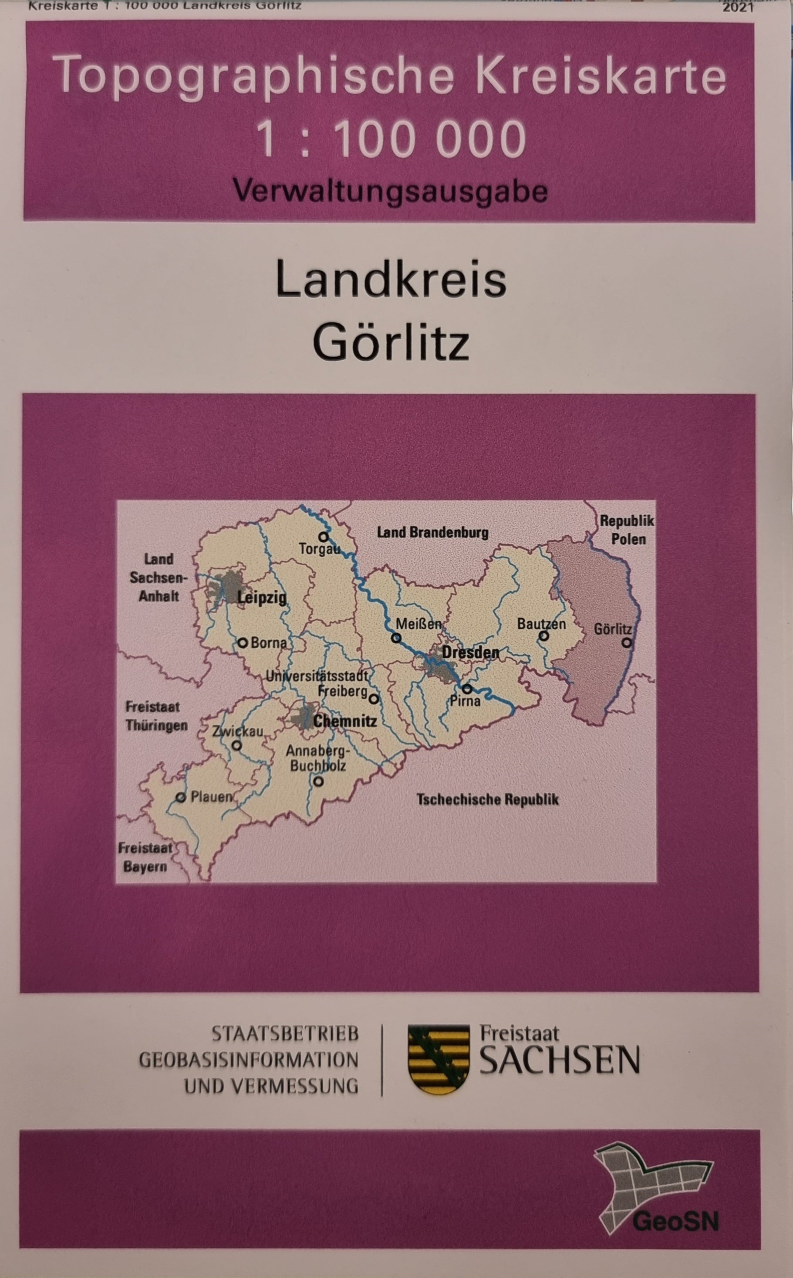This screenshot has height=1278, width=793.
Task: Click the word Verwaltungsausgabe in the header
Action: tap(390, 191)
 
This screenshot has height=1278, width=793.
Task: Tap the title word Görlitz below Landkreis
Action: tap(391, 342)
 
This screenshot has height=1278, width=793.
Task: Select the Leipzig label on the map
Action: tap(262, 597)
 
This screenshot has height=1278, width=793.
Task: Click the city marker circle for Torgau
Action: tap(323, 537)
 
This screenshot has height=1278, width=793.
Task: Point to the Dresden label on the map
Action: tap(470, 653)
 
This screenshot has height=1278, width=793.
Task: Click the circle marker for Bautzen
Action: tap(544, 636)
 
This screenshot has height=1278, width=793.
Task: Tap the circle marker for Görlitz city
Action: tap(627, 642)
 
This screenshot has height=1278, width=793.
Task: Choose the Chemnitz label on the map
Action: tap(344, 721)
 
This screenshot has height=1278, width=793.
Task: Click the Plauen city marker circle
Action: tap(181, 798)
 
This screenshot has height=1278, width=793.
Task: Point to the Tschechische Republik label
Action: tap(487, 800)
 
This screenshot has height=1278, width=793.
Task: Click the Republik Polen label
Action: tap(627, 530)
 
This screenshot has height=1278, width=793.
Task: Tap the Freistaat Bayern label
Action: tap(145, 857)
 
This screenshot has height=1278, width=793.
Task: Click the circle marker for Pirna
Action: tap(467, 688)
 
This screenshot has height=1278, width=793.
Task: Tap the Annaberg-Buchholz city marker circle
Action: tap(318, 781)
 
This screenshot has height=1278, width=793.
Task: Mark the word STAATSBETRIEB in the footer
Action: tap(285, 1034)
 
